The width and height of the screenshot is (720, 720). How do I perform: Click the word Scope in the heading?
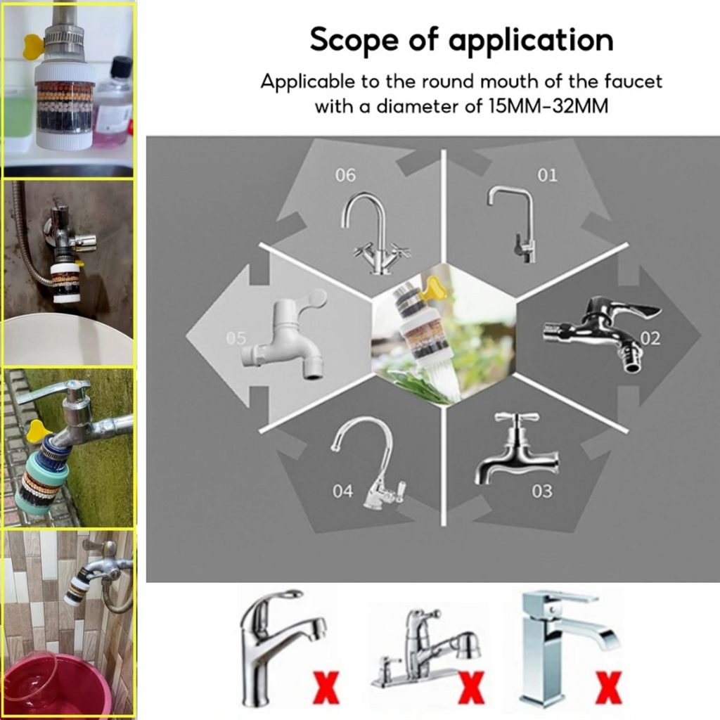point(354,40)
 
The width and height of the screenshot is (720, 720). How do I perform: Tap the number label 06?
point(345,175)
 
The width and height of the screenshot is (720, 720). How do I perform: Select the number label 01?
point(547,175)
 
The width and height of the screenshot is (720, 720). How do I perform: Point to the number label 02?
point(650,338)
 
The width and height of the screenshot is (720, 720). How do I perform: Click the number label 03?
point(542,491)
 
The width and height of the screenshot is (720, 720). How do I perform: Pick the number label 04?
point(343,491)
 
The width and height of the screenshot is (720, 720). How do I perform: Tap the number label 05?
point(236,338)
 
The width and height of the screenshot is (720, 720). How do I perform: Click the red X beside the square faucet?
point(609,687)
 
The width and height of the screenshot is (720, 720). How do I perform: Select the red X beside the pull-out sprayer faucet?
point(471,687)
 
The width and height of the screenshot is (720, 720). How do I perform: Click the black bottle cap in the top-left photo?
point(121,67)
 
